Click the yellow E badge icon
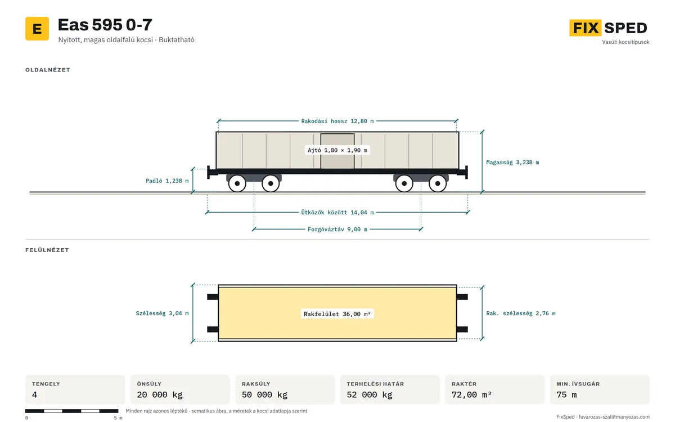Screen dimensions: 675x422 [x=37, y=29]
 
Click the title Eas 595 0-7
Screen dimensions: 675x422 [x=105, y=25]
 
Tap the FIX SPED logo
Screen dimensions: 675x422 [x=608, y=28]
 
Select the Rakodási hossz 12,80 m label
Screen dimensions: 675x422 [x=337, y=121]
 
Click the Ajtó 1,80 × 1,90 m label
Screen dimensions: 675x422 [x=337, y=150]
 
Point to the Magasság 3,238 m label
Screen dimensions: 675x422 [x=512, y=163]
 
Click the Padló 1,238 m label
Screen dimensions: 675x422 [x=167, y=181]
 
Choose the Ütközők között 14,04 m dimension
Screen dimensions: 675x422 [x=337, y=213]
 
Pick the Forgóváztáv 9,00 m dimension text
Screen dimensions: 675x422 [x=337, y=230]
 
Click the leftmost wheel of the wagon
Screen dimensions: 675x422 [x=237, y=183]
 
